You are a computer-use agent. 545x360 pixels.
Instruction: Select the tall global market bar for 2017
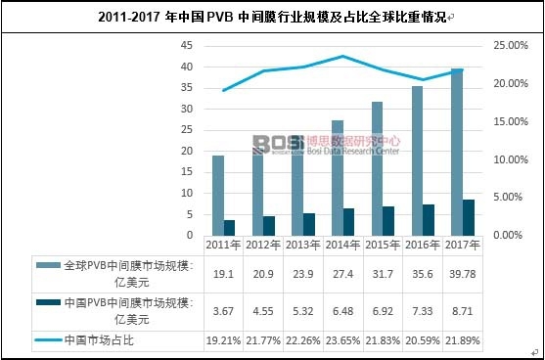tap(456, 153)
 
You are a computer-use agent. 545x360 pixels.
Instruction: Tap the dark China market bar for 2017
tap(469, 217)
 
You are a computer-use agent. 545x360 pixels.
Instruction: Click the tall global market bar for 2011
tap(217, 196)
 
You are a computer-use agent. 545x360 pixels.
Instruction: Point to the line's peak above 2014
tap(341, 57)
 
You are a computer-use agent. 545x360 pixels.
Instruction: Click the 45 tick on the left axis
tap(188, 46)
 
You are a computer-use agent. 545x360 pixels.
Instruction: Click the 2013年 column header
tap(302, 246)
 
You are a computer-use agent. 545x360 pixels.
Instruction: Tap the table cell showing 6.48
tap(342, 312)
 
